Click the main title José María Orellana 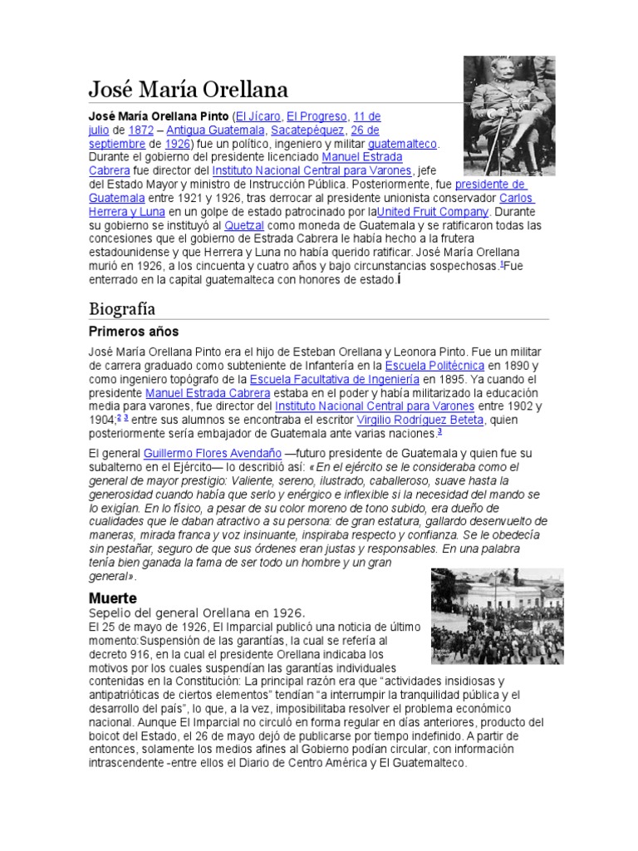(x=189, y=89)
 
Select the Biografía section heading (x=122, y=308)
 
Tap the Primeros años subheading (x=134, y=332)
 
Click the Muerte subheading (x=112, y=598)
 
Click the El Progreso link (x=319, y=116)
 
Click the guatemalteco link (x=402, y=144)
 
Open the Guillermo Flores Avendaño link (x=212, y=454)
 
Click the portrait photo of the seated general (x=508, y=104)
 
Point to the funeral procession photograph (x=497, y=616)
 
